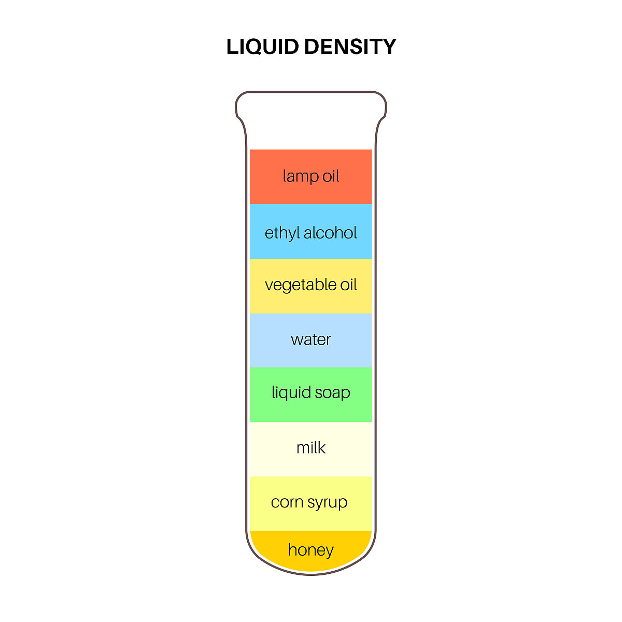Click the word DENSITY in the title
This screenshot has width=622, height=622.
[350, 47]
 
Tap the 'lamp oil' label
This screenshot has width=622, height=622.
[311, 176]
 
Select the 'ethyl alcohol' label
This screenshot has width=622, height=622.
[311, 233]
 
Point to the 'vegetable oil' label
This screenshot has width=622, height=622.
[311, 285]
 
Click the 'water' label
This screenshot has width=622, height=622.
[311, 340]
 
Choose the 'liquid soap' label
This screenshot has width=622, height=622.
[311, 392]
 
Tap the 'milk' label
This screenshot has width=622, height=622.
[311, 447]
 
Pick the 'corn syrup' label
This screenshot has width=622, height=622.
[309, 502]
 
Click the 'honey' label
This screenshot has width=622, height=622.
[311, 549]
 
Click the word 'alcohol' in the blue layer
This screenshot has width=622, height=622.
[331, 233]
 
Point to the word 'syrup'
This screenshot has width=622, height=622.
[327, 503]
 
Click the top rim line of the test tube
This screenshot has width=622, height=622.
[311, 92]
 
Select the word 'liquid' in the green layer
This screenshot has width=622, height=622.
[291, 393]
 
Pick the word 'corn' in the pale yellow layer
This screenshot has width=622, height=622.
[287, 502]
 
